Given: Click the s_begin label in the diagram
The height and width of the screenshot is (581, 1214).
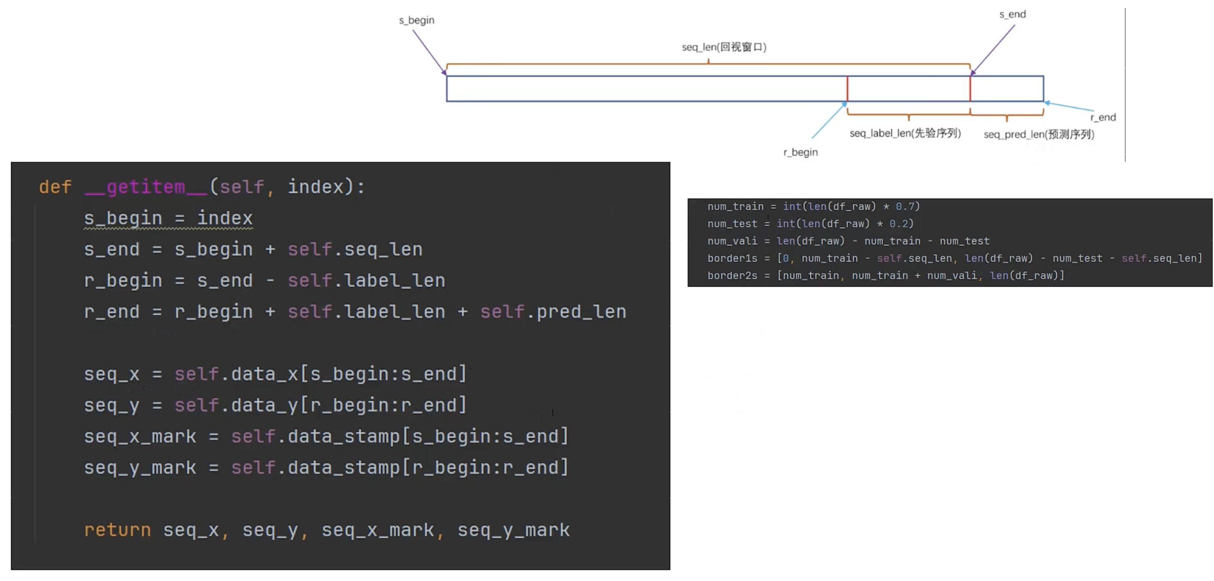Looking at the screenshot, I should (416, 20).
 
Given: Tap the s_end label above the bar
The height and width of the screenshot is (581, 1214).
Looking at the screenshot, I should (1012, 15).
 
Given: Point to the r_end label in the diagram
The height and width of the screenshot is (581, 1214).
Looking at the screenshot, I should (1103, 117).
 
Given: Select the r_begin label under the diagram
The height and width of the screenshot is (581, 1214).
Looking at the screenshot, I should (800, 153).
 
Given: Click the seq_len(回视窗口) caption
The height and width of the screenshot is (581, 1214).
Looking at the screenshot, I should (724, 47).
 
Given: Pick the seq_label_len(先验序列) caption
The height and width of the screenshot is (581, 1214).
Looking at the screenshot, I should (905, 133).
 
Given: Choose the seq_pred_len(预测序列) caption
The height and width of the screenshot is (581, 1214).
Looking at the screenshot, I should (1039, 135).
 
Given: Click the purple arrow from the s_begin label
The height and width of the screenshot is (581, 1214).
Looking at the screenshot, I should (429, 52).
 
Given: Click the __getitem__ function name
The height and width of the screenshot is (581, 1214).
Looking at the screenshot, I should (146, 187).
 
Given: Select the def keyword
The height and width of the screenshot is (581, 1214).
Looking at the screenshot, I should (55, 187).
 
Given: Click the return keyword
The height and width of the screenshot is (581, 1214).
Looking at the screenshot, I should (117, 530).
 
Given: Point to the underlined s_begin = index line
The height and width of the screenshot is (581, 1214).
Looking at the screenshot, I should (168, 218).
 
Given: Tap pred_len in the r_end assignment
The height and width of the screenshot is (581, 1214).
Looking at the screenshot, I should (581, 312).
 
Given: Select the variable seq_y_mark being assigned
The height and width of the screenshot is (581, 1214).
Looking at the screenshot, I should (140, 468).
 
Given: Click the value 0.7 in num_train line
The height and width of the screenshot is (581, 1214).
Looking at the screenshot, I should (905, 207).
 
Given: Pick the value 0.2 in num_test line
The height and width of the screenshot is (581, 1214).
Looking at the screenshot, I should (898, 223).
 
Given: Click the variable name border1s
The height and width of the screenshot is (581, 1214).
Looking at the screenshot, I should (732, 258).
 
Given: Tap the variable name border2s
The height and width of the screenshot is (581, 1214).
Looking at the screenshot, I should (732, 276).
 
